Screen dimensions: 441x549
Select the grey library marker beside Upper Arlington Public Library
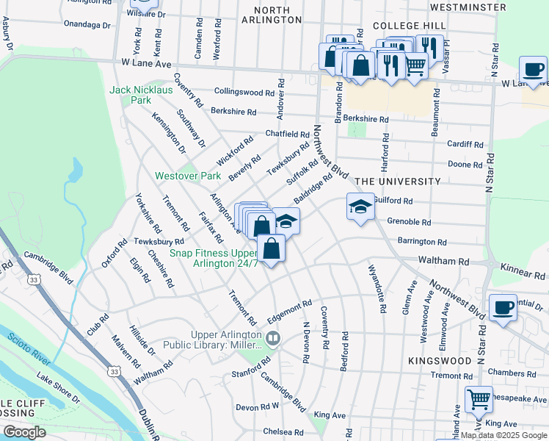(x=273, y=339)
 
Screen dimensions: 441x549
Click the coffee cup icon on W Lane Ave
(x=533, y=70)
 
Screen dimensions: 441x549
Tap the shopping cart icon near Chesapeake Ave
(x=479, y=400)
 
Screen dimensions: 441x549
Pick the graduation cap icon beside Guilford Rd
(x=360, y=207)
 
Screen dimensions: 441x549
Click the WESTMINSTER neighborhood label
(x=479, y=7)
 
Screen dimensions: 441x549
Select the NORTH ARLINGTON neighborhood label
(x=278, y=15)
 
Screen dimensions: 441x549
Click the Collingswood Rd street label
(x=244, y=92)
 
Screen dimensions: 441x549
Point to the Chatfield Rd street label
(x=287, y=135)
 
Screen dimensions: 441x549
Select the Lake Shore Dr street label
(x=58, y=387)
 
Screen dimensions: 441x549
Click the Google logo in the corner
(x=24, y=432)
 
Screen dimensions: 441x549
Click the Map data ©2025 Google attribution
(x=504, y=435)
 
